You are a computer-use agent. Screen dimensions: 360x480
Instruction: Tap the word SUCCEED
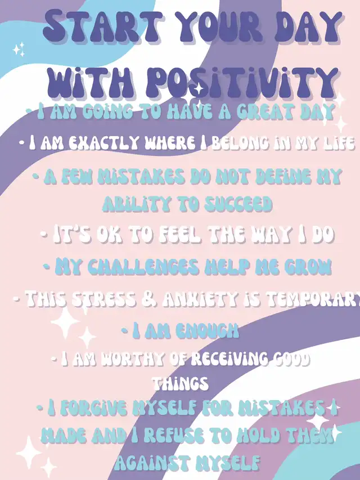coord(238,204)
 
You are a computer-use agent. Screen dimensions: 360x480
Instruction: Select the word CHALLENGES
coord(143,267)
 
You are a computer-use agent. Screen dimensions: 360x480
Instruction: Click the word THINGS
coord(181,383)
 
